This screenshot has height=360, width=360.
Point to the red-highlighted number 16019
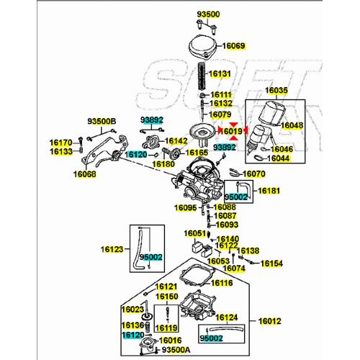click(231, 131)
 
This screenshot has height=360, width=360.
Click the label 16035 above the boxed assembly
click(276, 91)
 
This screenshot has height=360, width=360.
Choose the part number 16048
click(292, 125)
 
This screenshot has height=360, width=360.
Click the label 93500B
click(102, 121)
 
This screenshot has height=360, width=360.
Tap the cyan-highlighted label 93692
click(152, 120)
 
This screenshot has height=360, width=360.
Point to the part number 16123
click(112, 249)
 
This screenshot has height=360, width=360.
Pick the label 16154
click(271, 264)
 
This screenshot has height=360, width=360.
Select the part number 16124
click(227, 318)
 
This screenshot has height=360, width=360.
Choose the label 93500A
click(176, 349)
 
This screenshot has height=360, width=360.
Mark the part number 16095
click(185, 208)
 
